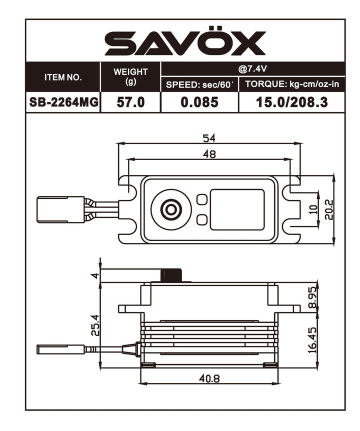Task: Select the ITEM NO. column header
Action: pos(62,77)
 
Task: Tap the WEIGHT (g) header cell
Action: pos(130,77)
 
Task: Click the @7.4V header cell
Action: pos(252,69)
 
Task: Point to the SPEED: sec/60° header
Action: pos(199,84)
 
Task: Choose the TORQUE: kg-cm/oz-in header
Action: pos(292,84)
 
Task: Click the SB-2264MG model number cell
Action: pos(62,102)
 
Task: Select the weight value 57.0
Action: pos(130,102)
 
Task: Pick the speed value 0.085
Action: pos(199,102)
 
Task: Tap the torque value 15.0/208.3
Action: pos(292,102)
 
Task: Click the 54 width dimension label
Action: pos(210,137)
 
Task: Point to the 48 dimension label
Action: pos(210,154)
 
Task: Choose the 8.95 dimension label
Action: pos(312,298)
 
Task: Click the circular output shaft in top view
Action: pos(171,209)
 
